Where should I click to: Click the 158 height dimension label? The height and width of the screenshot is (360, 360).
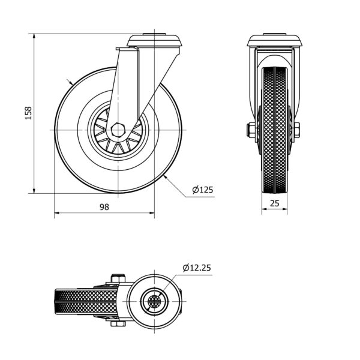pyautogui.click(x=28, y=113)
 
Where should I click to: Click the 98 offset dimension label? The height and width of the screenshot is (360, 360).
pyautogui.click(x=104, y=207)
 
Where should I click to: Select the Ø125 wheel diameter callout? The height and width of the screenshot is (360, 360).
pyautogui.click(x=203, y=190)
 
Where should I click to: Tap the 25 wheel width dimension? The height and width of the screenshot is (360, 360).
pyautogui.click(x=275, y=203)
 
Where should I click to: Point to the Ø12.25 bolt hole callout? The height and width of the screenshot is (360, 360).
pyautogui.click(x=197, y=268)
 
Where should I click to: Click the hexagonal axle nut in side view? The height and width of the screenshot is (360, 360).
pyautogui.click(x=118, y=130)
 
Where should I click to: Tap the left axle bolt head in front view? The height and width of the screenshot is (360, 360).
pyautogui.click(x=251, y=130)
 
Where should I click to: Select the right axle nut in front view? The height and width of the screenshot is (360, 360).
pyautogui.click(x=296, y=130)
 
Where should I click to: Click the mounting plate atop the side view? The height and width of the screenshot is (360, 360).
pyautogui.click(x=155, y=41)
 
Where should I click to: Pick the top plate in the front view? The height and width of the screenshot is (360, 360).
pyautogui.click(x=274, y=40)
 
